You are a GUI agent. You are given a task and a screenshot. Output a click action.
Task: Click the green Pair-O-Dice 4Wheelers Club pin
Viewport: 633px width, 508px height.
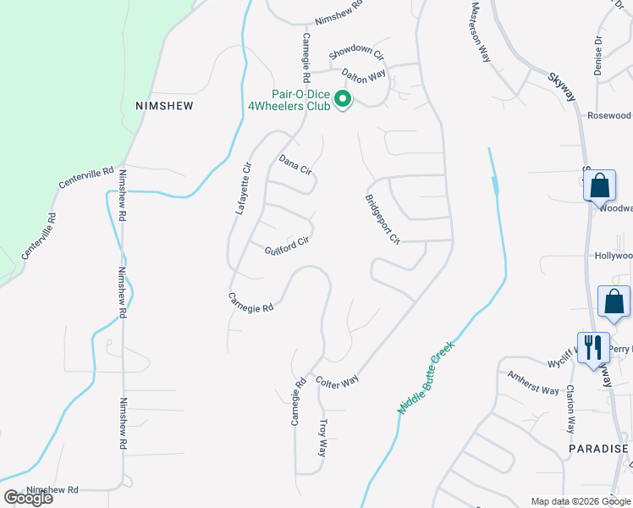click(x=343, y=100)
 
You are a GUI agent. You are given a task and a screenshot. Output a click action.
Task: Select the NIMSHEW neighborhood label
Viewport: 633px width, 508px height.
click(x=164, y=106)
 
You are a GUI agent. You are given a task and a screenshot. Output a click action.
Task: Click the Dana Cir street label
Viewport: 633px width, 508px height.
click(x=296, y=164)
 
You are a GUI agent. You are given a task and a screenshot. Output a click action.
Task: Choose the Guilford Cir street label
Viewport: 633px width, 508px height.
click(x=287, y=246)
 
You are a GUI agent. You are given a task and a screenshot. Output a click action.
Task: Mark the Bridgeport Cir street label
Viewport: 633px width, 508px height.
click(x=382, y=219)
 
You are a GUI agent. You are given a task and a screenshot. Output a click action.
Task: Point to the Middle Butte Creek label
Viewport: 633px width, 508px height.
click(x=427, y=377)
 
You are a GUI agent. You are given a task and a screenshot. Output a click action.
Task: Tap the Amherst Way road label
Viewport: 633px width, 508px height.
click(x=533, y=384)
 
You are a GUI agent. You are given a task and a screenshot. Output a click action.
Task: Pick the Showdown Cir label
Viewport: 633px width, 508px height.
click(x=356, y=52)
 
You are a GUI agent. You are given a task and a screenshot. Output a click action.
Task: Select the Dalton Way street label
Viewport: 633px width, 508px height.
click(x=364, y=75)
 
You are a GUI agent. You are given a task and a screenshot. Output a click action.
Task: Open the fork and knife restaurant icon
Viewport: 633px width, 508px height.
click(x=592, y=346)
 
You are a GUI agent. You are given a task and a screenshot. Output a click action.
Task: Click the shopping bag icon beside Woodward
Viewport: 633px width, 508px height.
click(x=599, y=185)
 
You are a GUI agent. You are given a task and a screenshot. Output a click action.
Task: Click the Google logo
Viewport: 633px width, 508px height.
click(x=28, y=498)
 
